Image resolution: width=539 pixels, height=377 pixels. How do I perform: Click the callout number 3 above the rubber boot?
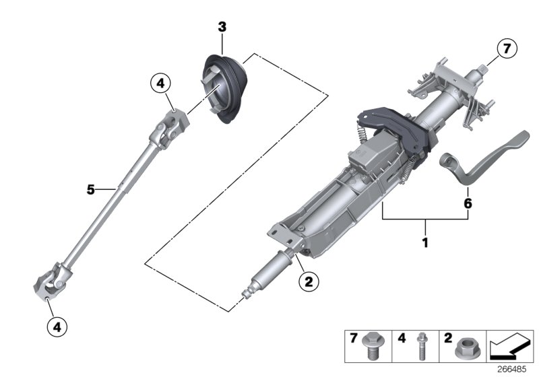222,27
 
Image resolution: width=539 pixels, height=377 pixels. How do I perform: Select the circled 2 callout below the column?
307,283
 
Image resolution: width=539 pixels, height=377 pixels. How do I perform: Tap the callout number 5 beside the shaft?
91,190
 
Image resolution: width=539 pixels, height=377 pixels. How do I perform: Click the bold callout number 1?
424,240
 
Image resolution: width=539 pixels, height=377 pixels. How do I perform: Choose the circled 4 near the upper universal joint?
160,84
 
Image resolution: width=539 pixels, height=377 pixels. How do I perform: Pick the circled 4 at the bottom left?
57,327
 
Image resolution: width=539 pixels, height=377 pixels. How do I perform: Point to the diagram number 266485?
514,370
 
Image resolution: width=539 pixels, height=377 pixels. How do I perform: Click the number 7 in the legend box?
352,339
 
